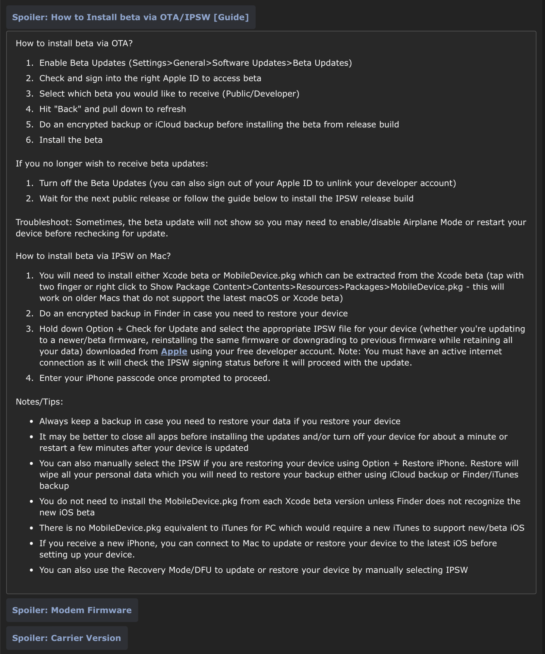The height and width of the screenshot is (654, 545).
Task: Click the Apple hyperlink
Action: [x=174, y=352]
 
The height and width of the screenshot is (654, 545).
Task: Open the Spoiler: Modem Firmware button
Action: [x=72, y=610]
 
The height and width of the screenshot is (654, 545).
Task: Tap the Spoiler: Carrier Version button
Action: [x=67, y=638]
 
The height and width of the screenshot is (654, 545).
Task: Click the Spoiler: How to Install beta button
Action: [x=131, y=17]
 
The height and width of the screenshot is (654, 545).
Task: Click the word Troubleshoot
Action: [x=44, y=222]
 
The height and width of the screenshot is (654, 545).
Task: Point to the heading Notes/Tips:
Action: [x=40, y=402]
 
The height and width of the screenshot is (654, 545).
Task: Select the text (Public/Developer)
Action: [x=261, y=94]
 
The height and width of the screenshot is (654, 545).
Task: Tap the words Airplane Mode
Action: [x=433, y=222]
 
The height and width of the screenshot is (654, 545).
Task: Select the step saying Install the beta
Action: [x=71, y=140]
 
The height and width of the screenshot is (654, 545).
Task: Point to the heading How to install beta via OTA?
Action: [x=74, y=43]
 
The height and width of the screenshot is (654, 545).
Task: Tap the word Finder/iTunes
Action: [x=490, y=474]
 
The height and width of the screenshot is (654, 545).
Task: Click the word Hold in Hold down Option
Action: [x=49, y=329]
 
